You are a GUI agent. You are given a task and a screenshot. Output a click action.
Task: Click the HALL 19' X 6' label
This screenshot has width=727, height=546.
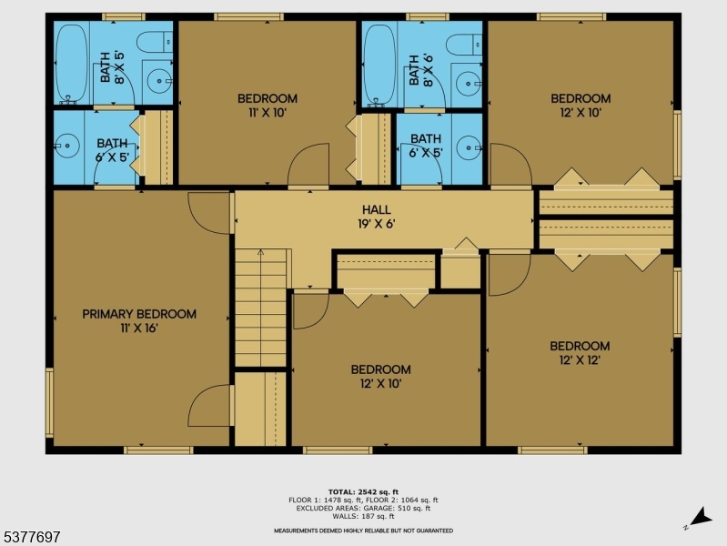click(x=376, y=217)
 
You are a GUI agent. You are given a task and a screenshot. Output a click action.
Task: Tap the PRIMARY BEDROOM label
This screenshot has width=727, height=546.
click(x=139, y=314)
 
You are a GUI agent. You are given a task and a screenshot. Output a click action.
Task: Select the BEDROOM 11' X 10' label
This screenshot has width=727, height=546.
click(x=268, y=106)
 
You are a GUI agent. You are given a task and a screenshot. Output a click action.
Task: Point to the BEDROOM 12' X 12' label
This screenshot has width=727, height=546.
click(x=580, y=353)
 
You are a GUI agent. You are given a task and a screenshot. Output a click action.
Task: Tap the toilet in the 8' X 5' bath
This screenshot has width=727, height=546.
click(x=155, y=42)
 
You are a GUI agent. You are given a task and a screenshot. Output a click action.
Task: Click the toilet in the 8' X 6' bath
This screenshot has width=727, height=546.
click(x=464, y=45)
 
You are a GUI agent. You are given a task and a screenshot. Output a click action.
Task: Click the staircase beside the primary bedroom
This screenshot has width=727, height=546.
click(x=260, y=308)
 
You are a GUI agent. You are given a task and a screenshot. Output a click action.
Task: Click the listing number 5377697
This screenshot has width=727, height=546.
click(x=31, y=537)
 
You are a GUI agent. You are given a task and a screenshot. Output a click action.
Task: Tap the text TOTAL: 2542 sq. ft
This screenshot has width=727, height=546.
click(x=363, y=491)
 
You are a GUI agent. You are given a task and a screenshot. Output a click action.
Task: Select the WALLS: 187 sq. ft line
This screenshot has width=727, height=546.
click(x=363, y=516)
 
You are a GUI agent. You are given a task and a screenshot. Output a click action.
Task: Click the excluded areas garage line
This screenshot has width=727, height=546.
click(x=363, y=508)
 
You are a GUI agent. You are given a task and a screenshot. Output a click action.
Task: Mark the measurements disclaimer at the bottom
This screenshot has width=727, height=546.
click(x=363, y=531)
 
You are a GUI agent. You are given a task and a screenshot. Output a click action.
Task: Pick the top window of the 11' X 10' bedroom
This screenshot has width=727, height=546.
click(x=248, y=17)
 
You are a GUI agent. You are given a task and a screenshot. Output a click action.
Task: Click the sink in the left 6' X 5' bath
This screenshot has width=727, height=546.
click(x=67, y=146)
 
